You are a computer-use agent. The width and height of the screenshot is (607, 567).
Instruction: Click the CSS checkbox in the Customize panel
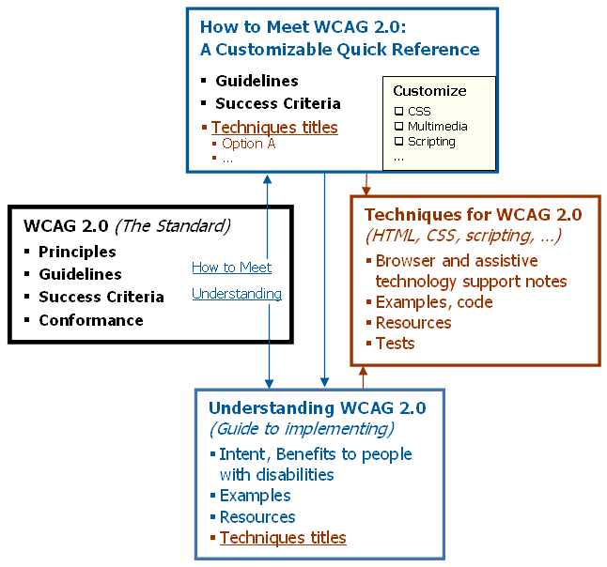point(398,112)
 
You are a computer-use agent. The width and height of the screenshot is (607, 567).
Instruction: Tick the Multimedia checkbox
point(398,127)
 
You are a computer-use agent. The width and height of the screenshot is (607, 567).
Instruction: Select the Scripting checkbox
point(398,142)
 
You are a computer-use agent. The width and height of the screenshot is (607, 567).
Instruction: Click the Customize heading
point(429,91)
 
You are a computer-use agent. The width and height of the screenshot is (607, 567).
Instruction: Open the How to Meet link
point(231,268)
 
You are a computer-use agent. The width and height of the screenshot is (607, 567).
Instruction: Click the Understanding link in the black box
point(237,294)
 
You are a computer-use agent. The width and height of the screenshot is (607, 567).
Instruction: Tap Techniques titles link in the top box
point(274,127)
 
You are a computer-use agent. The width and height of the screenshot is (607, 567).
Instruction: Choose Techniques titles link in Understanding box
point(283,538)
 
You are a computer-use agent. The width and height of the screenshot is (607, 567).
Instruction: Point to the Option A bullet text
point(249,144)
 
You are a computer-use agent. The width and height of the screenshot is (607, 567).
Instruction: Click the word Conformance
point(91,320)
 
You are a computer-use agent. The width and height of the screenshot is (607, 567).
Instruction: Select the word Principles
point(77,252)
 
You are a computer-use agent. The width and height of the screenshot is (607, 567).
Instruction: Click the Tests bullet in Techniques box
point(395,343)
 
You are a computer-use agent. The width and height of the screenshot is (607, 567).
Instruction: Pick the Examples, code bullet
point(434,301)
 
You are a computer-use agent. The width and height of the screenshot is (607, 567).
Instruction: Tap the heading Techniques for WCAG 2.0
point(473,214)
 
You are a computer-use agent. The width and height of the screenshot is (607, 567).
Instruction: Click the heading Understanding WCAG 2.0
point(317,407)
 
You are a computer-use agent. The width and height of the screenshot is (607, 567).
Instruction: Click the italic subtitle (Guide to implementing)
point(302,429)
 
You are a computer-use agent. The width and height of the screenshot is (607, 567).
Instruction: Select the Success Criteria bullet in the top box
point(278,103)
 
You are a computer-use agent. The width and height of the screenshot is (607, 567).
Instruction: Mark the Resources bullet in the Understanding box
point(257,516)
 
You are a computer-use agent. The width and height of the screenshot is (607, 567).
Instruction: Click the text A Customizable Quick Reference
point(340,50)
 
